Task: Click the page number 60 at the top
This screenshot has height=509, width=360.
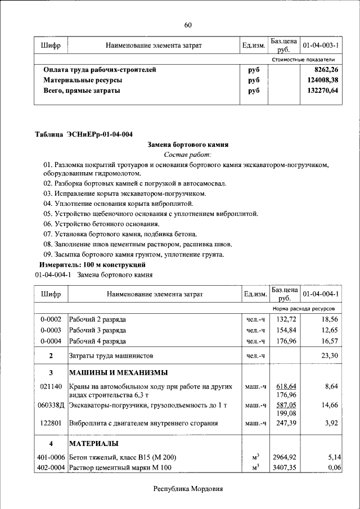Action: pyautogui.click(x=188, y=25)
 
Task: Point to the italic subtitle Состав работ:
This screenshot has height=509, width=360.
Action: pyautogui.click(x=188, y=155)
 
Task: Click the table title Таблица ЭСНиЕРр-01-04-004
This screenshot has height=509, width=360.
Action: pyautogui.click(x=84, y=134)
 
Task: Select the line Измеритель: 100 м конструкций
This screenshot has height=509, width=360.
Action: pyautogui.click(x=92, y=264)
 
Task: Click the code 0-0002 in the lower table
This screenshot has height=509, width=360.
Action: pyautogui.click(x=51, y=319)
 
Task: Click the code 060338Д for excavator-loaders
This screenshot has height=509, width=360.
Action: pyautogui.click(x=51, y=405)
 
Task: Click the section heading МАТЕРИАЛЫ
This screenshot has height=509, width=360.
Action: pyautogui.click(x=93, y=444)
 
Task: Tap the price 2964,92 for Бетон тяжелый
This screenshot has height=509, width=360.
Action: pyautogui.click(x=284, y=458)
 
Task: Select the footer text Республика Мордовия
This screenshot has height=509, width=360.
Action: pyautogui.click(x=188, y=489)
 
